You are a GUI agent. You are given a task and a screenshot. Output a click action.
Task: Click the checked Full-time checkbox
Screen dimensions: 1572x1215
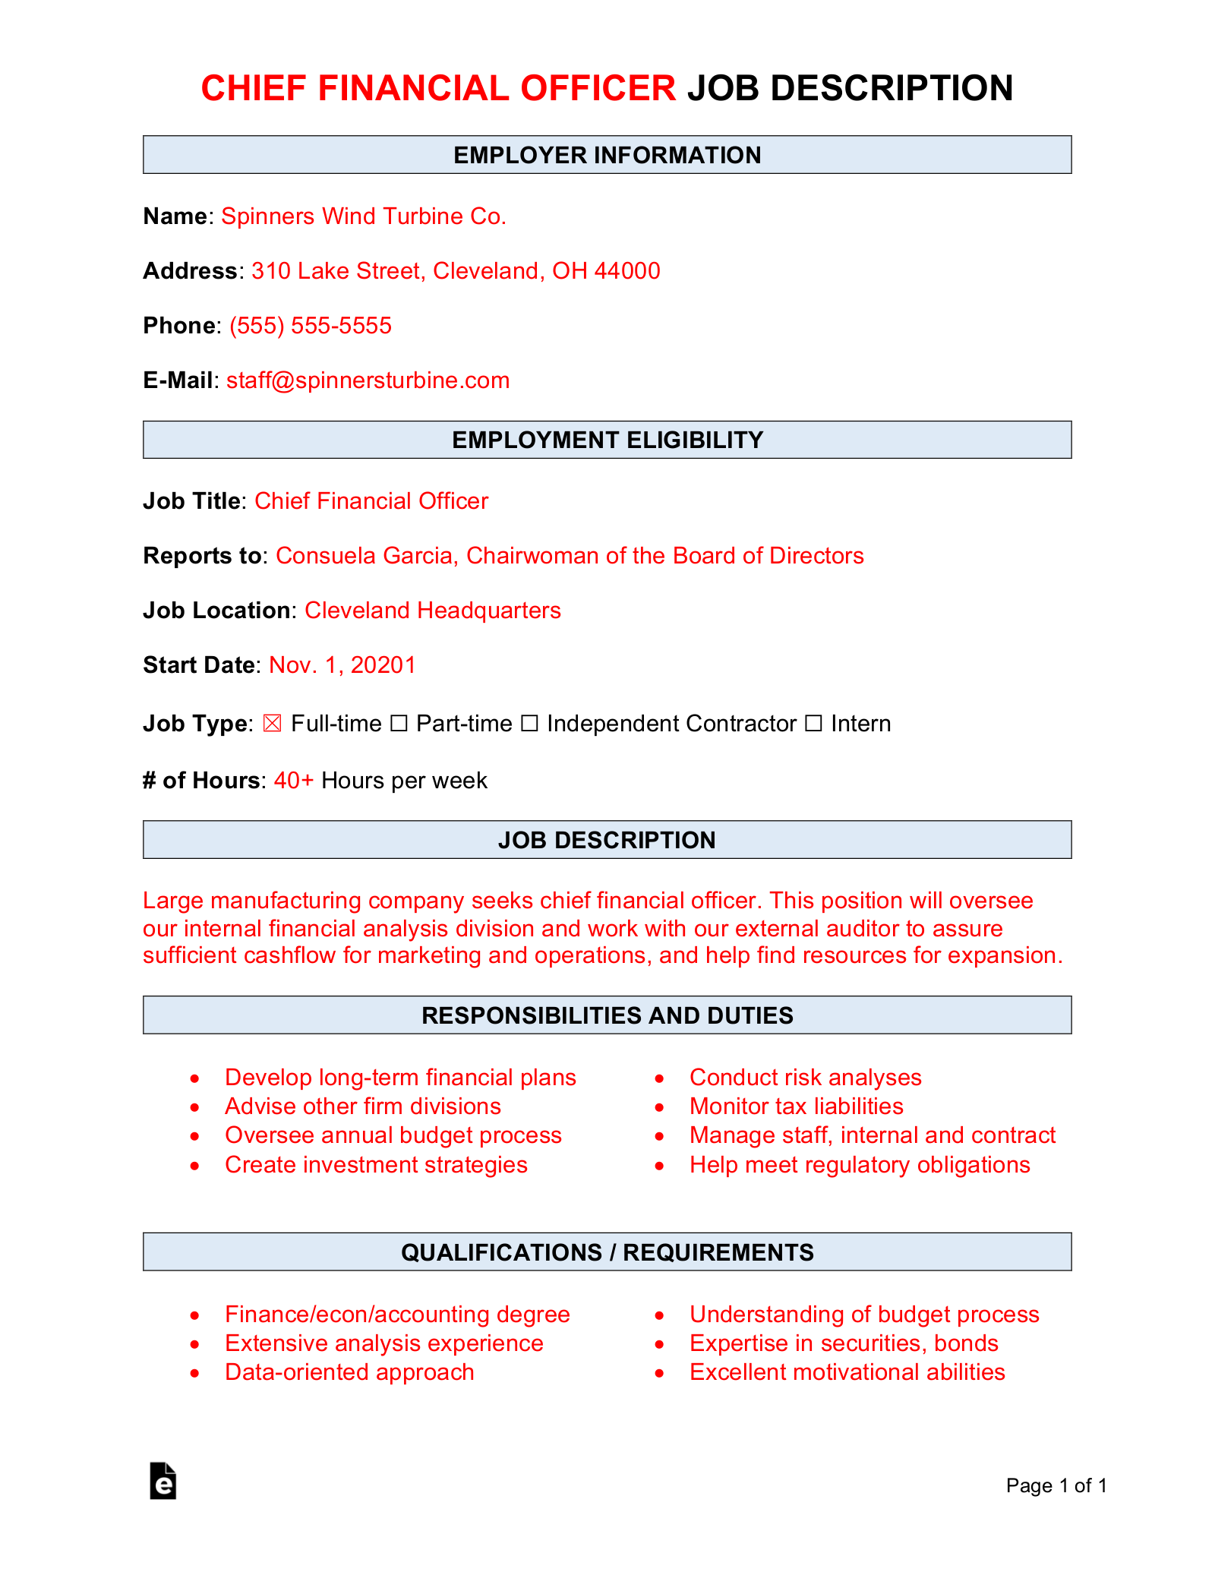(x=272, y=724)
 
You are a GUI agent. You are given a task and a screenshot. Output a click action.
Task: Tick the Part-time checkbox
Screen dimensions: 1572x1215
(x=399, y=724)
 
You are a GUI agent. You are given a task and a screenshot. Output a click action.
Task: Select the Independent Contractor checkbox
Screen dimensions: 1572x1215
(x=529, y=724)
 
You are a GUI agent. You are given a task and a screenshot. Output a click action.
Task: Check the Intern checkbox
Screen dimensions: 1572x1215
(x=813, y=724)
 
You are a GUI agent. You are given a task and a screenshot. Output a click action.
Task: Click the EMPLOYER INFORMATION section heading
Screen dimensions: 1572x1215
(x=607, y=155)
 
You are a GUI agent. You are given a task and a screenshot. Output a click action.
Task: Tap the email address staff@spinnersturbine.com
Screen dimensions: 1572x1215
(x=368, y=380)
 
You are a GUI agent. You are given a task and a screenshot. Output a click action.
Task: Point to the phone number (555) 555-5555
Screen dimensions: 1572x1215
(x=311, y=326)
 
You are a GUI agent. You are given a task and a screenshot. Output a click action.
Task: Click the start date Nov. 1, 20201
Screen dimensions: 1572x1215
(x=342, y=665)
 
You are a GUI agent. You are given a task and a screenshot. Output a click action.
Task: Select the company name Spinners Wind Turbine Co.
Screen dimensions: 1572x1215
(x=364, y=216)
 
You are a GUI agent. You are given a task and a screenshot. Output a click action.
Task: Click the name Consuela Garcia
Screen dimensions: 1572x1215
(x=364, y=556)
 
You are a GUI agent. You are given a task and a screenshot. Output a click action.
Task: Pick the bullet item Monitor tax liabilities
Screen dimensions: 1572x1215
(x=796, y=1106)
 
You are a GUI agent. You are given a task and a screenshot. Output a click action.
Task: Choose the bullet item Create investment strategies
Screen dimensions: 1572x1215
(x=376, y=1165)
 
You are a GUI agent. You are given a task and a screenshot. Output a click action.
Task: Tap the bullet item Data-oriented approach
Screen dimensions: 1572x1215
(x=349, y=1372)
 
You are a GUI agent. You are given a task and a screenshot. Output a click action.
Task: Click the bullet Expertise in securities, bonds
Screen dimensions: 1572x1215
(x=843, y=1343)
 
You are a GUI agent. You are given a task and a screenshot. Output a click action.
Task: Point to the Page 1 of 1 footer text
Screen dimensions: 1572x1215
(x=1056, y=1485)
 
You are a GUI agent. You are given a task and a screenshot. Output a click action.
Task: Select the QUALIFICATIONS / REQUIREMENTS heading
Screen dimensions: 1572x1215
(x=607, y=1252)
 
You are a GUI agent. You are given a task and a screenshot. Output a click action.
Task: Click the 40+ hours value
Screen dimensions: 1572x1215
(x=294, y=781)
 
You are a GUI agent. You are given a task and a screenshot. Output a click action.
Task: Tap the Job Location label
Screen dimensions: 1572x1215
(x=216, y=611)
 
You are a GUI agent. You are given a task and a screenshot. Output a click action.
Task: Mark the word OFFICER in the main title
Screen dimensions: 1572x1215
(x=598, y=88)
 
